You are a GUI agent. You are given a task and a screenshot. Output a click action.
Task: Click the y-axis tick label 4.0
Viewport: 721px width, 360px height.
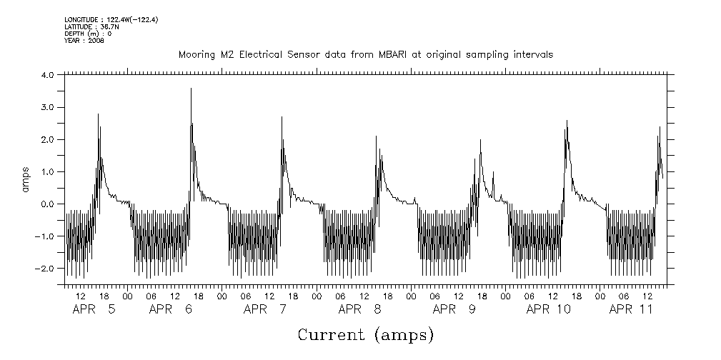click(48, 75)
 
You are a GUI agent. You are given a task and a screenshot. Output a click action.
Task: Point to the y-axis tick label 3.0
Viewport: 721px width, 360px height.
click(48, 107)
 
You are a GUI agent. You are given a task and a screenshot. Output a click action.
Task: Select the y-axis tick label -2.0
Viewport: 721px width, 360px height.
click(46, 269)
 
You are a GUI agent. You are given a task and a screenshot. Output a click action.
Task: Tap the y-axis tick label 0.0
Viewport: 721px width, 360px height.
click(48, 204)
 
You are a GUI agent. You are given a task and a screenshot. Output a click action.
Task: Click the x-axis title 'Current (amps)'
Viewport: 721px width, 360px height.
click(365, 334)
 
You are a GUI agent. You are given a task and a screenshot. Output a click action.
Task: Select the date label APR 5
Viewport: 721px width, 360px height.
click(93, 309)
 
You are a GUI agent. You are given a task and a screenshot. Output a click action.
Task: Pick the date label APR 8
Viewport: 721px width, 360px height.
click(359, 309)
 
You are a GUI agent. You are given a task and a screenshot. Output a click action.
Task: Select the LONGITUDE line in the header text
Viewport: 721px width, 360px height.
click(111, 19)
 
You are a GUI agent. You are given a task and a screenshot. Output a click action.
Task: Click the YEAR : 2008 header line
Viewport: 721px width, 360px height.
click(84, 41)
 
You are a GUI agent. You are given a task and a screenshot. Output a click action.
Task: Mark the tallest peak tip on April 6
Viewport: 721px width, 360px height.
click(191, 88)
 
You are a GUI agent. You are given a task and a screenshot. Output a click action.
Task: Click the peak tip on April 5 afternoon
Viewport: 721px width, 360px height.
click(98, 114)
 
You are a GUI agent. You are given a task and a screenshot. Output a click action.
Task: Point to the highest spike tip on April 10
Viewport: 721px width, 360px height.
click(567, 120)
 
